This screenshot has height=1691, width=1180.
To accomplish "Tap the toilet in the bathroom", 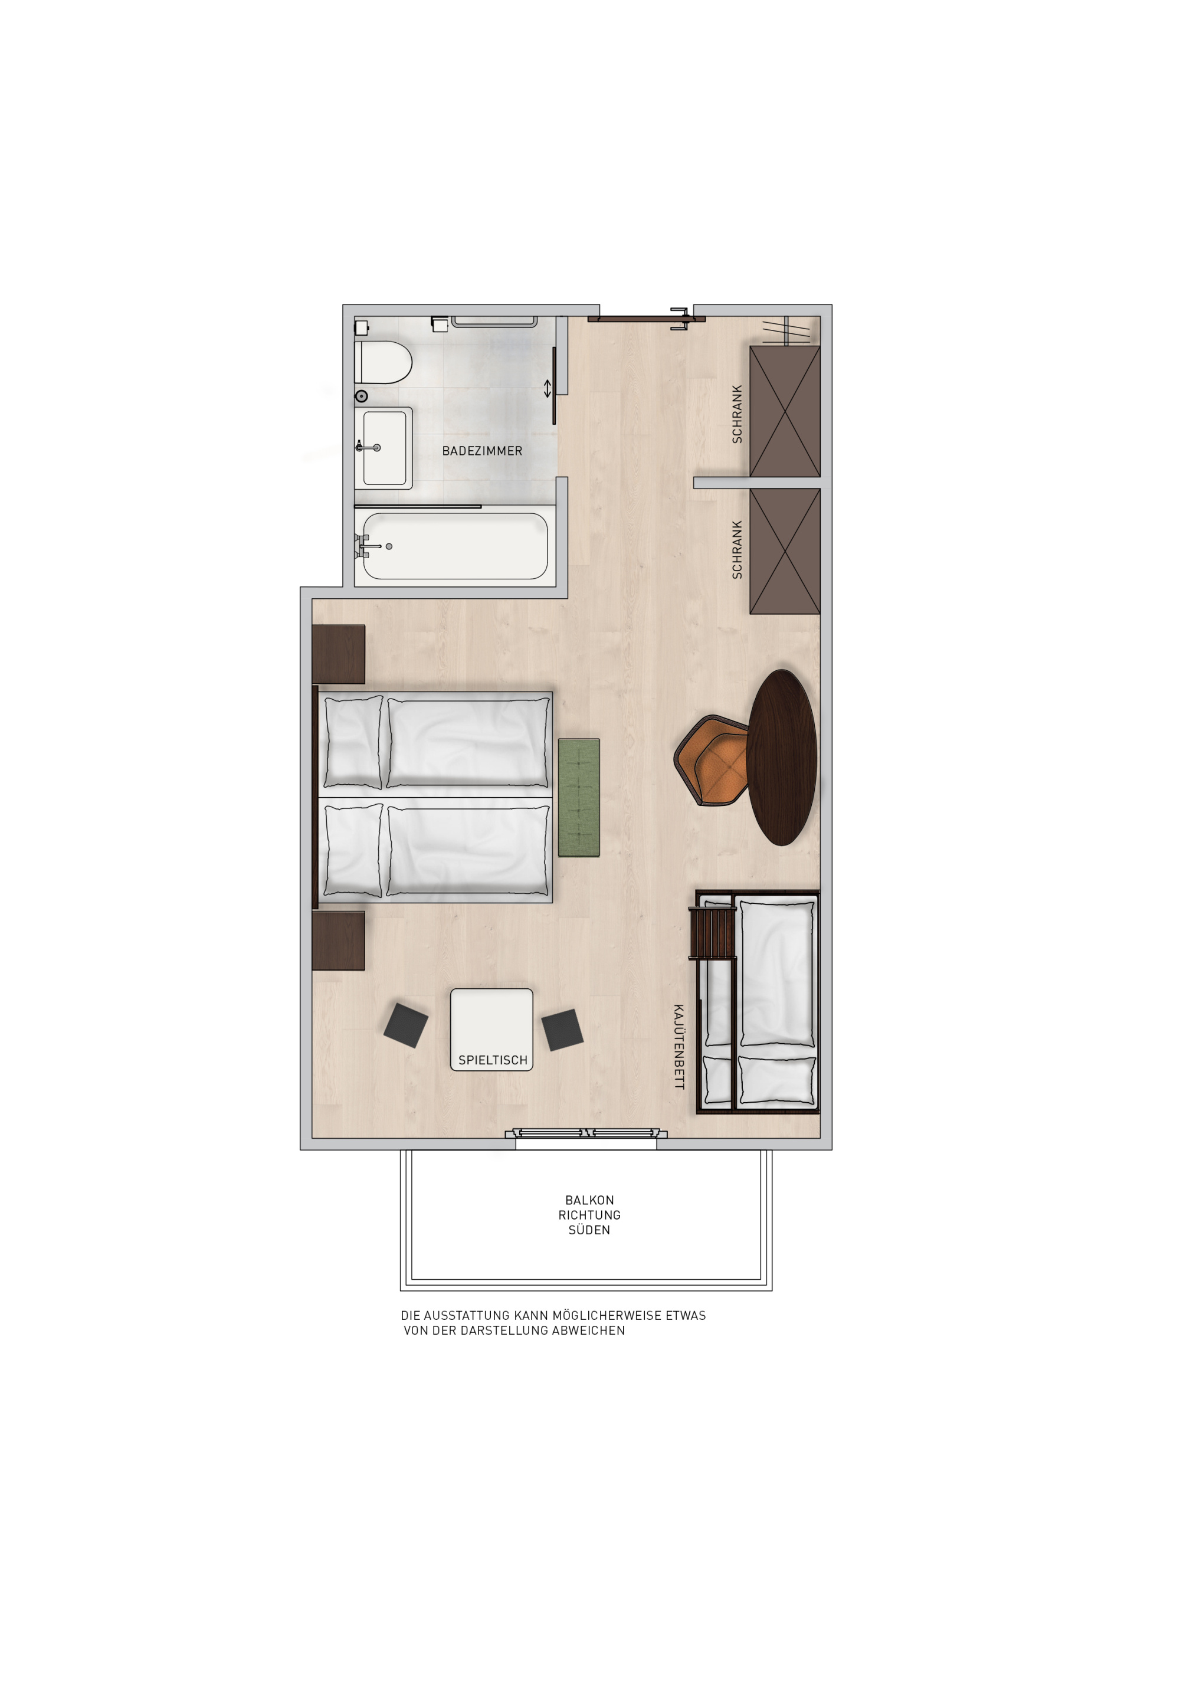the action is pyautogui.click(x=382, y=362).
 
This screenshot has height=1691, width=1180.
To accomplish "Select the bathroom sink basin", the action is pyautogui.click(x=383, y=448).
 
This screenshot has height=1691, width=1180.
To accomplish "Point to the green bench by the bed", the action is pyautogui.click(x=578, y=797).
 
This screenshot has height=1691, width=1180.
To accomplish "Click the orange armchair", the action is pyautogui.click(x=712, y=760).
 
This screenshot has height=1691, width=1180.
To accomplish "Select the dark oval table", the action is pyautogui.click(x=782, y=757).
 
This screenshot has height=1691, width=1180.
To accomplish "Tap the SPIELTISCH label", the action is pyautogui.click(x=493, y=1060).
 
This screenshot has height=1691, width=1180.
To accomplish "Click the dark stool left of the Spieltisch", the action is pyautogui.click(x=406, y=1024).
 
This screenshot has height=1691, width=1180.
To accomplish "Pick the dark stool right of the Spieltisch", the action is pyautogui.click(x=563, y=1029).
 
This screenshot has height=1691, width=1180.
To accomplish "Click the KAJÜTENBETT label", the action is pyautogui.click(x=678, y=1047).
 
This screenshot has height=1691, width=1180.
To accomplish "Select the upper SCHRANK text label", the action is pyautogui.click(x=736, y=414).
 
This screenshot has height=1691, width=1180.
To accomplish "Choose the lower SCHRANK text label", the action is pyautogui.click(x=736, y=549).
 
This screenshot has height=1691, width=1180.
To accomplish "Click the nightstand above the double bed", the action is pyautogui.click(x=338, y=654).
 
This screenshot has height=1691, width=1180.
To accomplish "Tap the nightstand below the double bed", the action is pyautogui.click(x=338, y=940).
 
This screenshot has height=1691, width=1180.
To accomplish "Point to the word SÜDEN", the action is pyautogui.click(x=589, y=1230).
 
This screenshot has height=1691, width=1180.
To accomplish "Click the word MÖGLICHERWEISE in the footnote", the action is pyautogui.click(x=606, y=1315).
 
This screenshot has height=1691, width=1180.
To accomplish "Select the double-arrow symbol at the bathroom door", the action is pyautogui.click(x=548, y=388).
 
